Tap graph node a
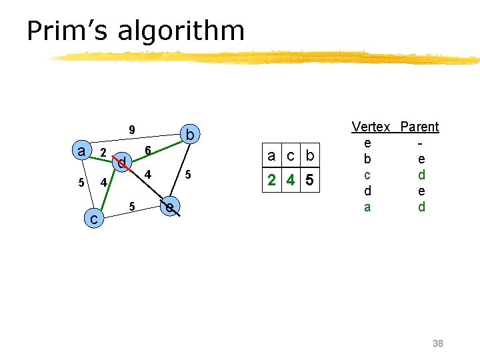click(81, 151)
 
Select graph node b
click(190, 136)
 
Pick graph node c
click(95, 218)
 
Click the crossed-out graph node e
click(171, 207)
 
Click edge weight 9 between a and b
click(132, 130)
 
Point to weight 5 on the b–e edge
click(189, 175)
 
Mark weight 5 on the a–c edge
click(81, 183)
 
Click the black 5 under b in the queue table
click(309, 181)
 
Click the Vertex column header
click(371, 127)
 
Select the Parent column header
click(419, 127)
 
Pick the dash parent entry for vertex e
click(419, 143)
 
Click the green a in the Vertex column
click(367, 207)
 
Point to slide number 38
click(437, 343)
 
